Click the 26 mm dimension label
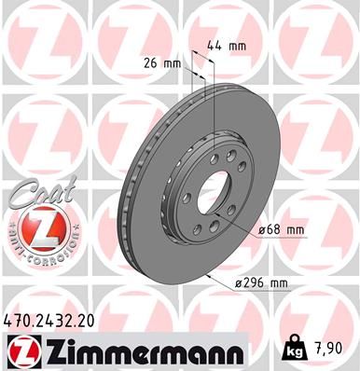pyautogui.click(x=165, y=64)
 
